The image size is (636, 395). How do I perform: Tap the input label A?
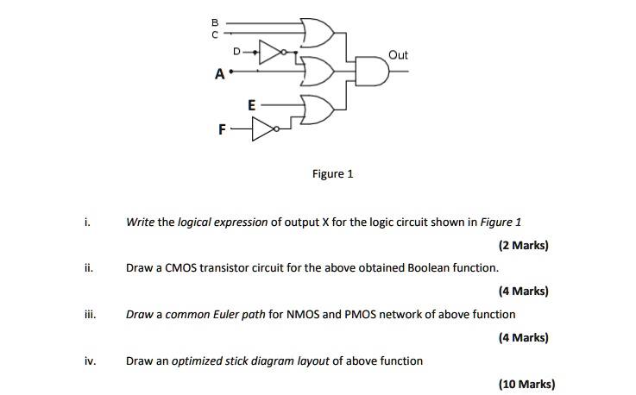220,75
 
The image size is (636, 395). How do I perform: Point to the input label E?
250,104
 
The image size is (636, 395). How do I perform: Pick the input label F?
222,130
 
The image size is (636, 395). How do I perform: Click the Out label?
398,55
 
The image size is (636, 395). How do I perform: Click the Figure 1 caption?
333,173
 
